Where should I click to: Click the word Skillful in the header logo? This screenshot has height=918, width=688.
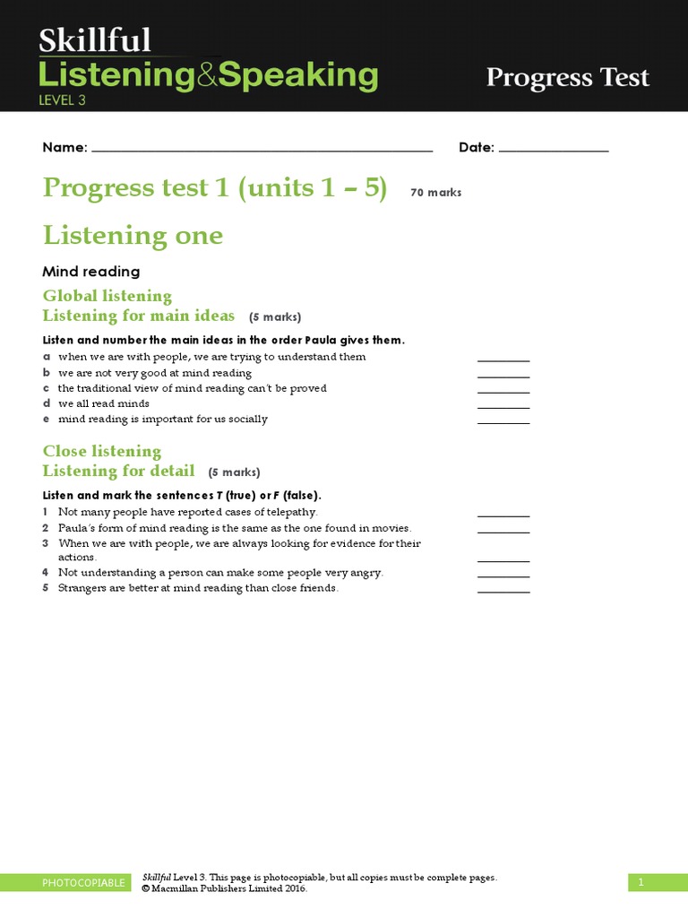(x=94, y=41)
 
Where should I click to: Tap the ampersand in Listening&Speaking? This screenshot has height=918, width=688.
(x=207, y=75)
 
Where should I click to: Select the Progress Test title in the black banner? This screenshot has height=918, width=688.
(x=567, y=78)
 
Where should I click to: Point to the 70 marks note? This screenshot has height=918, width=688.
(x=436, y=193)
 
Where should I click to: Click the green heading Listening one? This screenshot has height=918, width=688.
(x=133, y=236)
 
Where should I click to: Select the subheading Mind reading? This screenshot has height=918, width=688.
(x=91, y=271)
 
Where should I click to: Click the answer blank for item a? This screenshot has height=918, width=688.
(x=503, y=359)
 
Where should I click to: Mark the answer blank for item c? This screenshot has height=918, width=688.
(x=503, y=390)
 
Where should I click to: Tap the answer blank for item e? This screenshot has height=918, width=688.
(x=503, y=420)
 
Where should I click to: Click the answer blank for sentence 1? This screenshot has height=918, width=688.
(x=503, y=515)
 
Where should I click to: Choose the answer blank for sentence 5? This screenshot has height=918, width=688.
(x=503, y=590)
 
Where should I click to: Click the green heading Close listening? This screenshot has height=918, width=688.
(x=102, y=451)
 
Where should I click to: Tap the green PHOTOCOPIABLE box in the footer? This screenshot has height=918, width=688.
(x=84, y=883)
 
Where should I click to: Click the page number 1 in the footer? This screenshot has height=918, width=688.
(x=641, y=883)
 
